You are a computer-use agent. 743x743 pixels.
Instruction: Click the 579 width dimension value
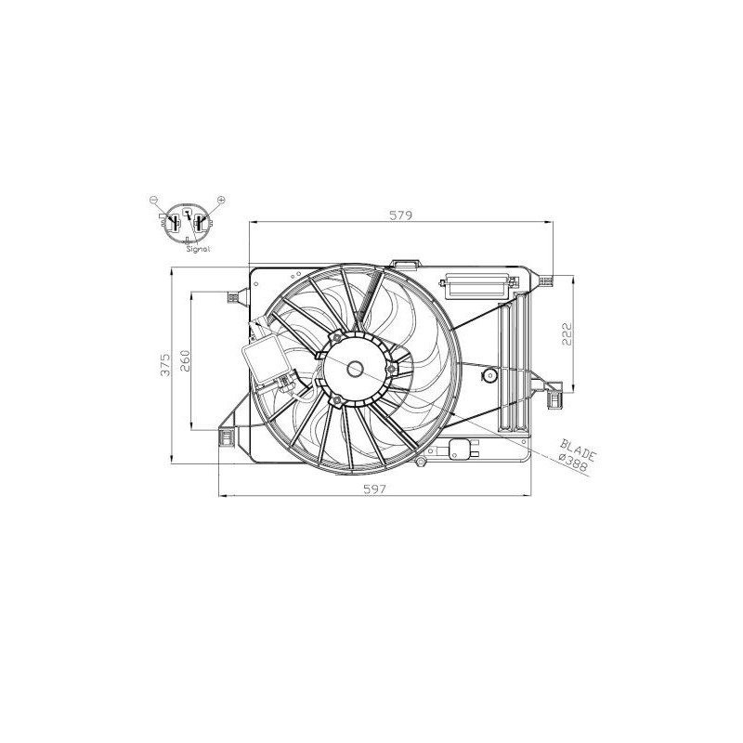400,215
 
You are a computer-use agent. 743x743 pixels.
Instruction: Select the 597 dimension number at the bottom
374,488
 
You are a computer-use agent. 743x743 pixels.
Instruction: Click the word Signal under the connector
198,249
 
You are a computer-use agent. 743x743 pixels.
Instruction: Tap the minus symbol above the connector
155,200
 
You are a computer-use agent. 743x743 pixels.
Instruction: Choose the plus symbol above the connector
221,200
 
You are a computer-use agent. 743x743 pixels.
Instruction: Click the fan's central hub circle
356,369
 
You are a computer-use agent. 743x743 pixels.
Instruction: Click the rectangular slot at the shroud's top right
476,285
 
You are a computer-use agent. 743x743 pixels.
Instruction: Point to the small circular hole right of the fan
489,376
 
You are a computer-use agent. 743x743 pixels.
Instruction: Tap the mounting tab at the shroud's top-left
233,297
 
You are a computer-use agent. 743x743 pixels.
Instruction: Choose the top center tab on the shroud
404,265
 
